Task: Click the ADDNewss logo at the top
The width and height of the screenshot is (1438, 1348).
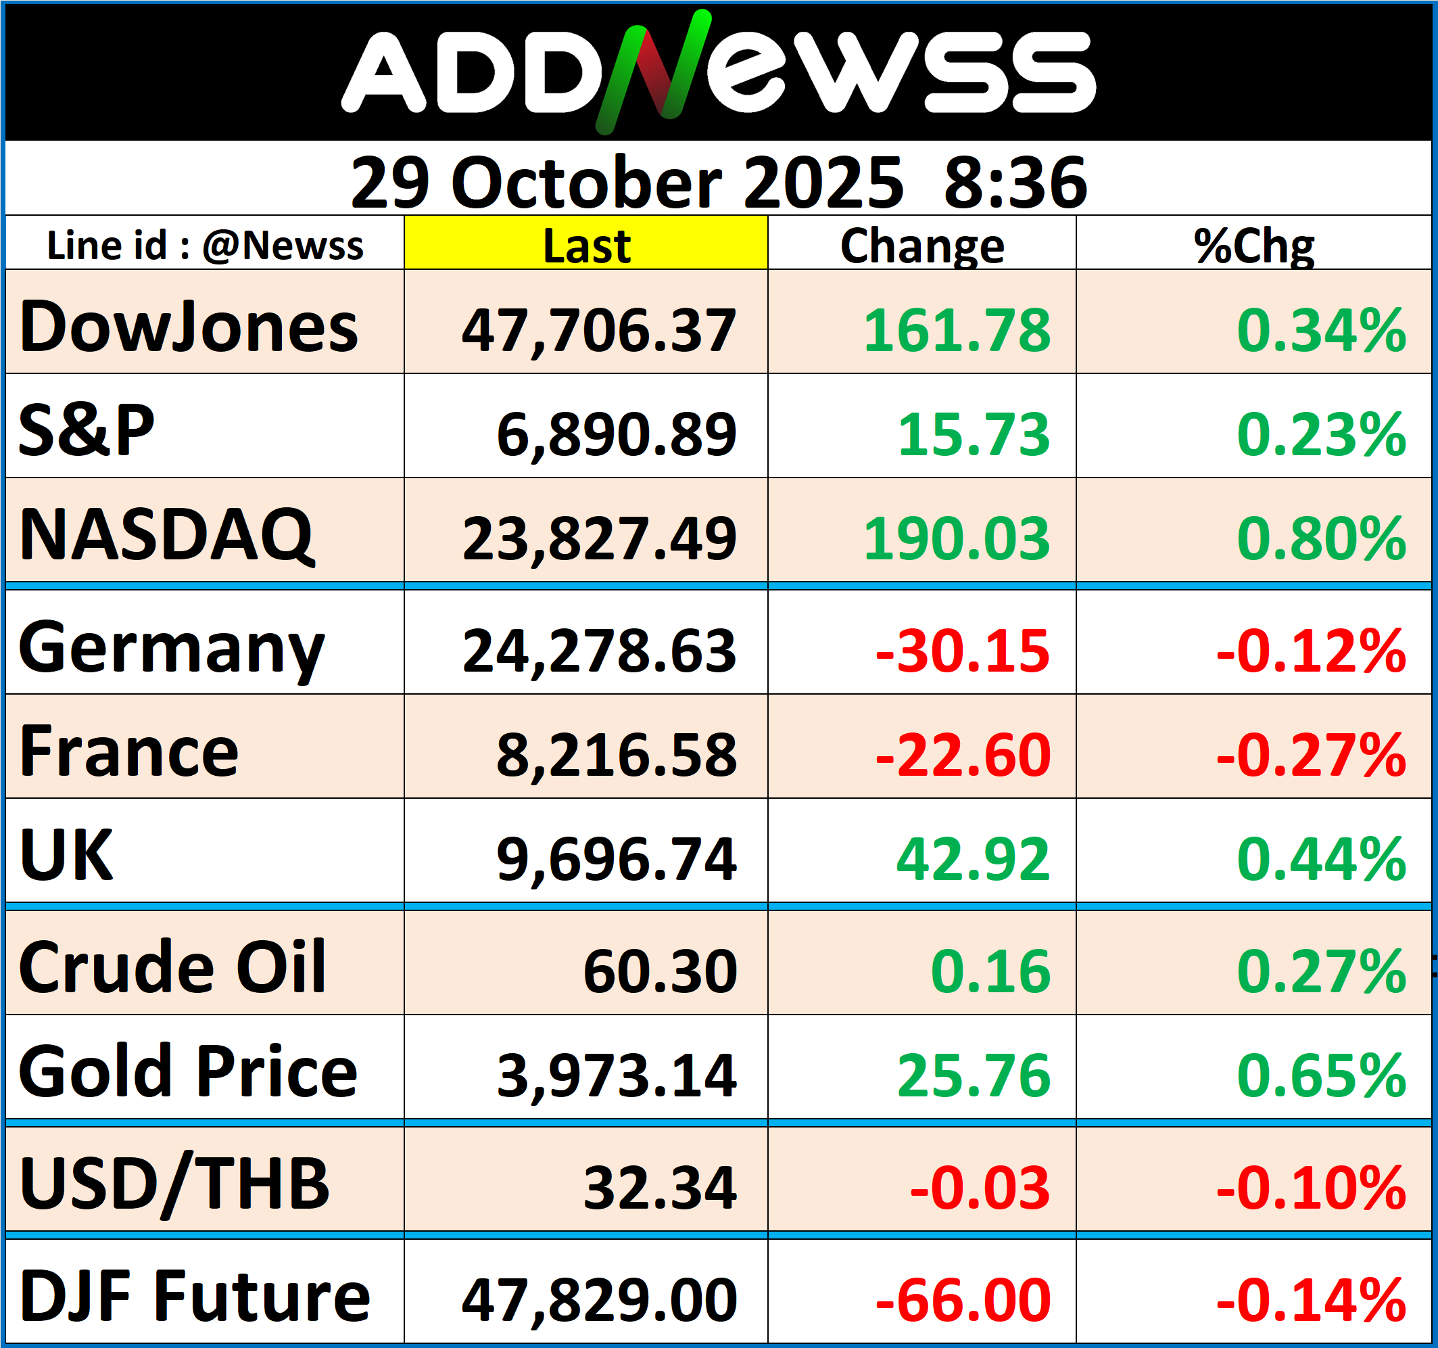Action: tap(718, 72)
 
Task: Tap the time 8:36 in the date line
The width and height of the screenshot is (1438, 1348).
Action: tap(1015, 183)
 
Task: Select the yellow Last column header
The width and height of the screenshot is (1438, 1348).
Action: tap(586, 246)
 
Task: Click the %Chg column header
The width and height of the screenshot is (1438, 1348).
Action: tap(1253, 246)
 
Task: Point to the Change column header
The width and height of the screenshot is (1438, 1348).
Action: tap(921, 246)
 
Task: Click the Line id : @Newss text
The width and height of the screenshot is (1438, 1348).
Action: tap(205, 246)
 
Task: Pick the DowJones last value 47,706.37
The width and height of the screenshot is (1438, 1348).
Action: tap(599, 330)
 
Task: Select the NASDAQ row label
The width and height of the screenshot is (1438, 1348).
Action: tap(166, 535)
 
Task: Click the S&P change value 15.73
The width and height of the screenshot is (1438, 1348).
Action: tap(974, 434)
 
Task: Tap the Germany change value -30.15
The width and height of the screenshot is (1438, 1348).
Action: tap(962, 651)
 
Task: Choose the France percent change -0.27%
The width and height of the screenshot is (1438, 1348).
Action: tap(1311, 755)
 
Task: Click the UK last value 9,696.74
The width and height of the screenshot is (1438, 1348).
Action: tap(617, 859)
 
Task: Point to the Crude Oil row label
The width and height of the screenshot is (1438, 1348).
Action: tap(172, 967)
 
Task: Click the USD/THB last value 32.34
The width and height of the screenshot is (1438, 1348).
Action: tap(660, 1188)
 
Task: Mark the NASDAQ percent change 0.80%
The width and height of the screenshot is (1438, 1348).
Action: tap(1321, 538)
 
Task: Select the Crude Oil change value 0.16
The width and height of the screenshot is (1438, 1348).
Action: tap(990, 971)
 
